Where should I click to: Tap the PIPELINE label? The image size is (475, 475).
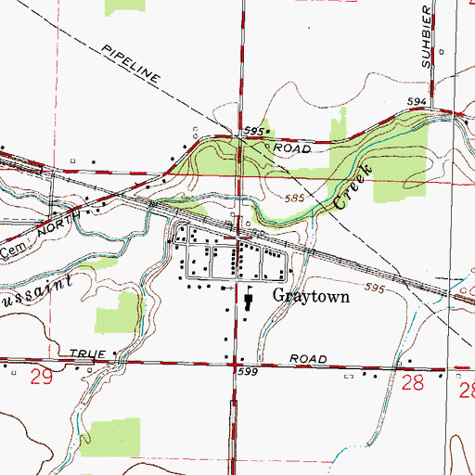pos(132,63)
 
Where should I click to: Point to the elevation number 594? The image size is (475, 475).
pos(416,101)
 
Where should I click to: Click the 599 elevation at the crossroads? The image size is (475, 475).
pos(246,371)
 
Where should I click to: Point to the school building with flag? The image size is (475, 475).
pos(250,302)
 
